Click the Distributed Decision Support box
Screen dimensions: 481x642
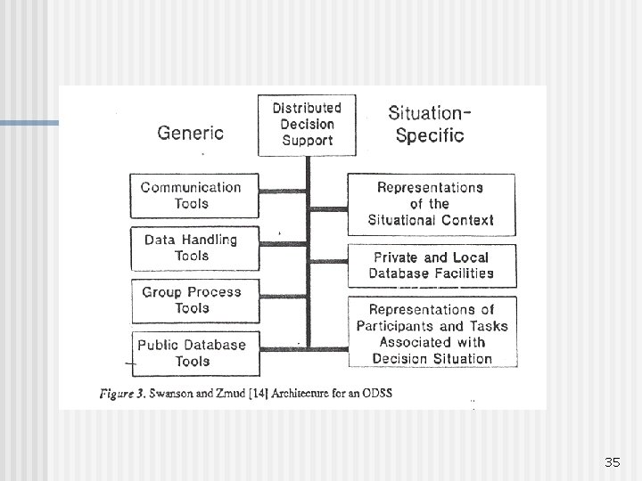pyautogui.click(x=307, y=125)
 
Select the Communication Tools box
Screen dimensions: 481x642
pyautogui.click(x=191, y=195)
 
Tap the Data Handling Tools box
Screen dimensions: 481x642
pyautogui.click(x=191, y=248)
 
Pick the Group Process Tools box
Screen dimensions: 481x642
pyautogui.click(x=192, y=300)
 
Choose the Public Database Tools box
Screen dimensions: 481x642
pyautogui.click(x=192, y=353)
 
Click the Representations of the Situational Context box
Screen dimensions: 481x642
pyautogui.click(x=431, y=204)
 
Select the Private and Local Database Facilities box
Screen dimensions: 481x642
pyautogui.click(x=431, y=265)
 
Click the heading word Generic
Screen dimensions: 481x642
pyautogui.click(x=190, y=133)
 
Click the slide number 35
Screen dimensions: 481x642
pyautogui.click(x=612, y=461)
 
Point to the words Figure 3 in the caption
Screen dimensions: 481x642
pyautogui.click(x=124, y=393)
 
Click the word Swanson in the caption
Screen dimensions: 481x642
pyautogui.click(x=174, y=393)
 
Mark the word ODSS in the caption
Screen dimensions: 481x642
pyautogui.click(x=375, y=393)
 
